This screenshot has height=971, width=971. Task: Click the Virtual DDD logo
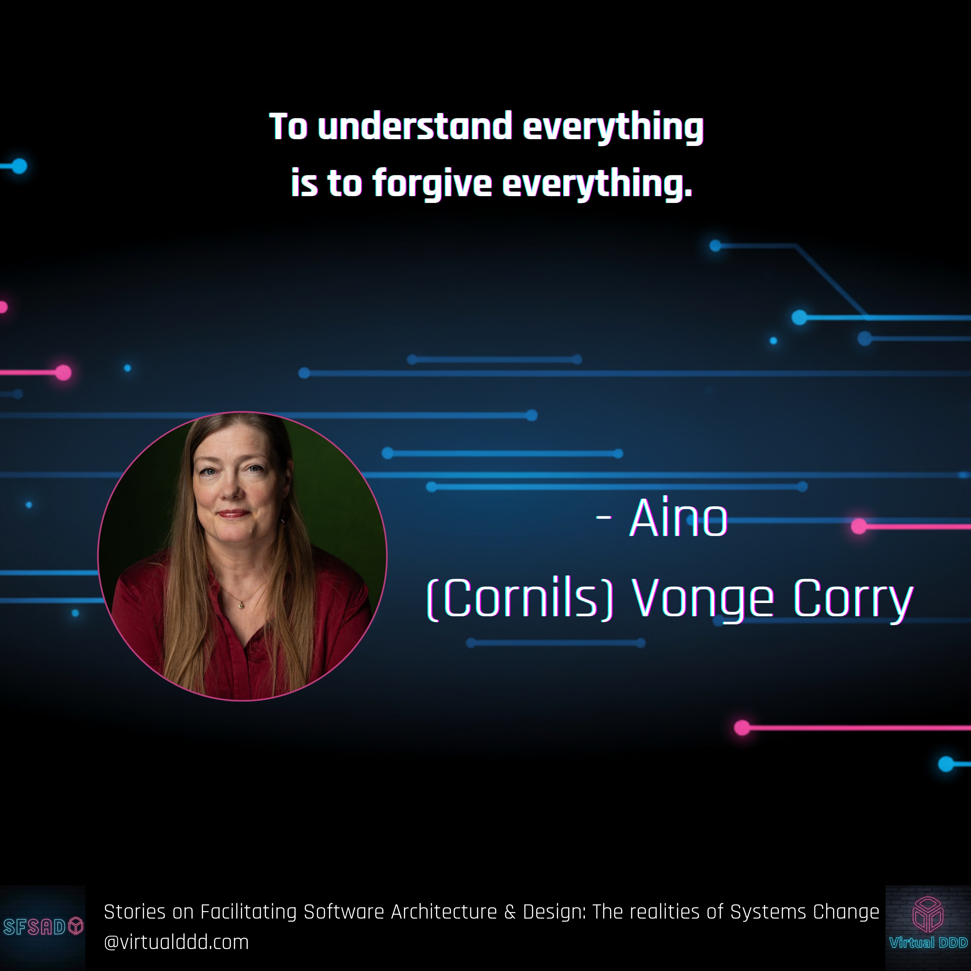[928, 927]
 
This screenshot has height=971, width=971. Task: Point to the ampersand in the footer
[510, 912]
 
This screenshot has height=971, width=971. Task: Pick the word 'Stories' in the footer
[135, 912]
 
